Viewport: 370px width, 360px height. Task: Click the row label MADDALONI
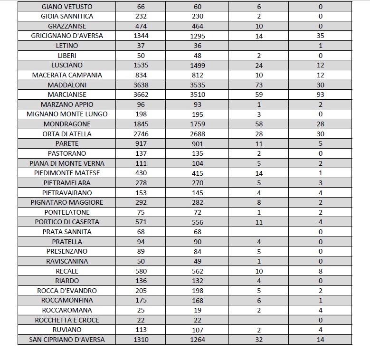coord(67,85)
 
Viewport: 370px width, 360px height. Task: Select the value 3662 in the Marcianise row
coord(141,95)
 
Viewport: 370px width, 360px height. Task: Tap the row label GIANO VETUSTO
coord(67,7)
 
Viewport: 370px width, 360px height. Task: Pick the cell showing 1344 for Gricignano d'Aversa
coord(141,36)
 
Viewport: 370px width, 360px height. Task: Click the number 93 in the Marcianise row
coord(320,95)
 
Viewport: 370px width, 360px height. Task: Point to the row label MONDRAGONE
coord(67,124)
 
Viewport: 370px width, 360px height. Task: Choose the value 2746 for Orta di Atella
coord(141,134)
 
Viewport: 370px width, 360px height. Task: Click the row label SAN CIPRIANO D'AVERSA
coord(67,340)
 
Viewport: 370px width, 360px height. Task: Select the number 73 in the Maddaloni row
coord(259,85)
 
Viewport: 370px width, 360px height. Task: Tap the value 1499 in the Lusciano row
coord(198,65)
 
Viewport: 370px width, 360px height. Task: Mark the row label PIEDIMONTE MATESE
coord(67,173)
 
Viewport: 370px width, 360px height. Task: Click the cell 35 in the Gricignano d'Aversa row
coord(320,36)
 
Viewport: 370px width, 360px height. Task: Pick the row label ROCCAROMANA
coord(67,310)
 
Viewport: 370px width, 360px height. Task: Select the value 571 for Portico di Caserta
coord(141,222)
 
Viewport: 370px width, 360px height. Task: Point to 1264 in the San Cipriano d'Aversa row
coord(198,340)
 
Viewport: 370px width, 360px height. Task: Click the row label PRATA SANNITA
coord(67,232)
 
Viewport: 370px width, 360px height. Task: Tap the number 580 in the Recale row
coord(141,271)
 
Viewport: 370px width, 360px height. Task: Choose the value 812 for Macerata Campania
coord(198,75)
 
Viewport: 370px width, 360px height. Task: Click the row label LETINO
coord(67,46)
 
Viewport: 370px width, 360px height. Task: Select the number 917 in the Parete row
coord(141,143)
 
